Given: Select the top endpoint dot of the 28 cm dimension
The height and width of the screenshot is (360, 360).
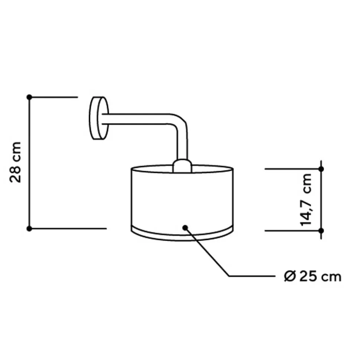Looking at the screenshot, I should click(x=29, y=97).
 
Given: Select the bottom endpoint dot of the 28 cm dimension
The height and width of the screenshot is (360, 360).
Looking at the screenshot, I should click(x=29, y=228).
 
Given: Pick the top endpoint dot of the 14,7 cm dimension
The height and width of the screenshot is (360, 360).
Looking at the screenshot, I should click(x=321, y=169).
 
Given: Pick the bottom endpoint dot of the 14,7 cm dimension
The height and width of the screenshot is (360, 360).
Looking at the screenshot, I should click(x=321, y=231).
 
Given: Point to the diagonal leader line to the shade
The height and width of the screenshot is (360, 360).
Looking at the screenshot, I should click(x=208, y=252).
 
